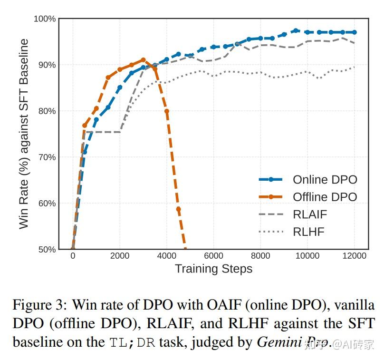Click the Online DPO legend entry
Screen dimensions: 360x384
click(325, 180)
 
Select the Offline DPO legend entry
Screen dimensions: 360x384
click(325, 197)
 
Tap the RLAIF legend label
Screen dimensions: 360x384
click(310, 214)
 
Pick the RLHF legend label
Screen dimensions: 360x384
click(308, 232)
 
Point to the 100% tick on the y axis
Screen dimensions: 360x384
click(45, 19)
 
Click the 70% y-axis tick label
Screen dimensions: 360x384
click(47, 157)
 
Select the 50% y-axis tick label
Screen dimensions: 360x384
click(47, 250)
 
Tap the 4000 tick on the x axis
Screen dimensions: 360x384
click(166, 256)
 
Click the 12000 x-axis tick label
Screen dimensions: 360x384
click(354, 256)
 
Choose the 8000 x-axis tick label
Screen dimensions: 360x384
click(260, 256)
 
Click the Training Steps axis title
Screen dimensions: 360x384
click(213, 269)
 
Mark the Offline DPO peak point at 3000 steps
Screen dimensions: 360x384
click(143, 60)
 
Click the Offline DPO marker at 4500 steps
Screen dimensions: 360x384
click(178, 209)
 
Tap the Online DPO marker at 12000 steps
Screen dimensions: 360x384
click(354, 32)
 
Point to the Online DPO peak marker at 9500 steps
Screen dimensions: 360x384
click(296, 30)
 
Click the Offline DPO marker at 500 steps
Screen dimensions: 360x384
click(85, 126)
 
